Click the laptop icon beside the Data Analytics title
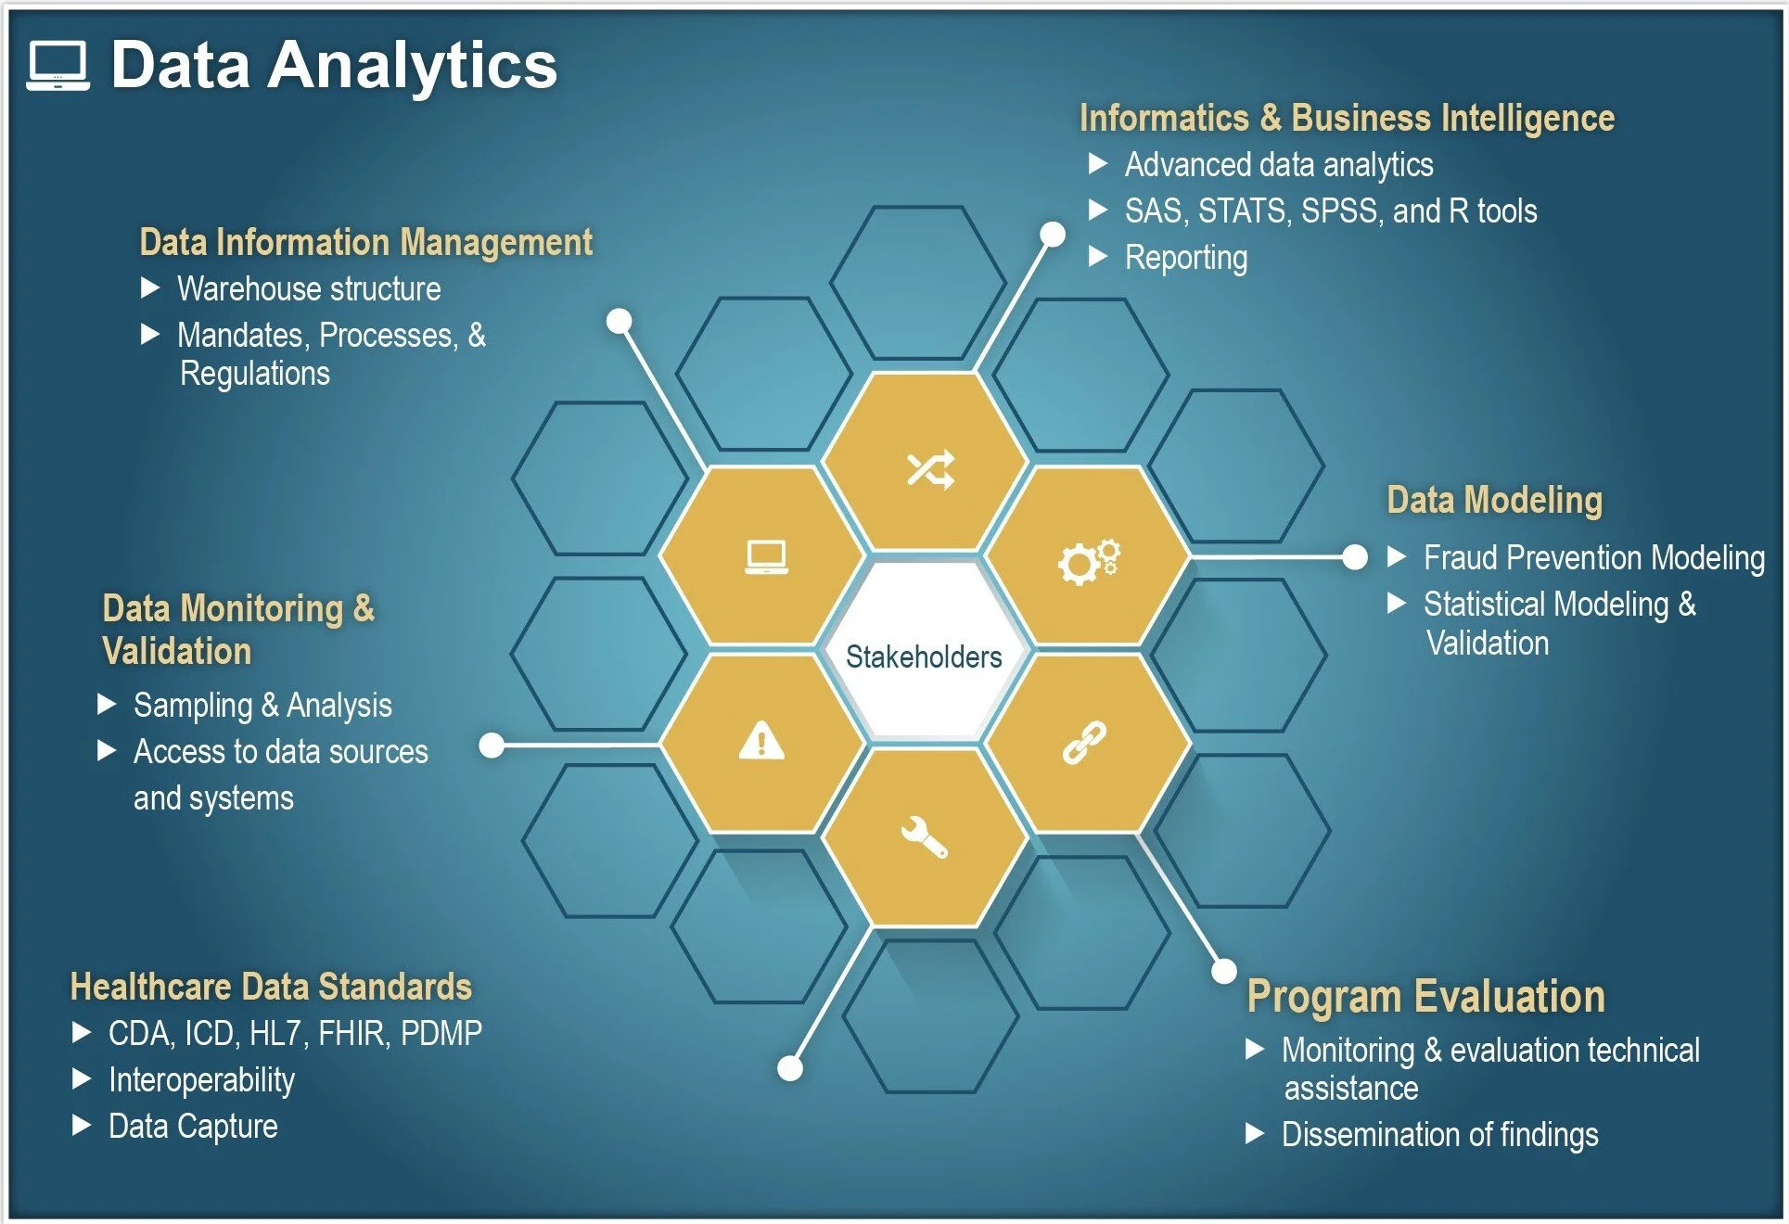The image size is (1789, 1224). click(58, 65)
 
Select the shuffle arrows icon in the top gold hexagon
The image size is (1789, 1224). click(930, 469)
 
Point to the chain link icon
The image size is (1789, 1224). click(1084, 743)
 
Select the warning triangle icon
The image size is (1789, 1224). click(761, 741)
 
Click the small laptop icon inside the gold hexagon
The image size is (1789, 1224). click(767, 557)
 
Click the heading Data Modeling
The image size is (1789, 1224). click(1494, 500)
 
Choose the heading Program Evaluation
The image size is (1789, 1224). click(1425, 997)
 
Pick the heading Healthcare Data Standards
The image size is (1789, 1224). click(271, 987)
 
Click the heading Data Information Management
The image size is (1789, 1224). click(365, 242)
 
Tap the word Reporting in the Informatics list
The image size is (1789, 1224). click(1185, 258)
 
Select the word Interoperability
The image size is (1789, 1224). click(201, 1080)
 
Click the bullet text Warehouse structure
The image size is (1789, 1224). click(309, 289)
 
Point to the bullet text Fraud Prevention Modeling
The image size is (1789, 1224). click(1593, 558)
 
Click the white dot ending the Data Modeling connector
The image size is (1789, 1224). click(1355, 557)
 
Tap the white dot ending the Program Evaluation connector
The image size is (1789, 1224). click(1224, 971)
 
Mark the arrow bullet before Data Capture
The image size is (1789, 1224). click(82, 1126)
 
